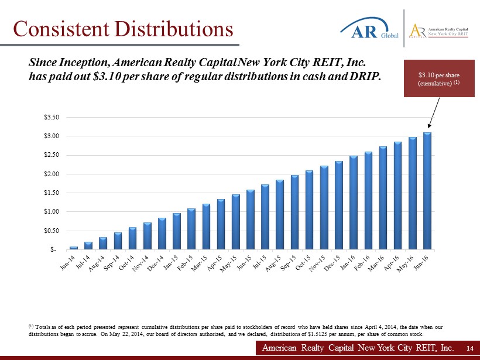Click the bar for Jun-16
(427, 191)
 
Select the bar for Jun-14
(74, 248)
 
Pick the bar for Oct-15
(309, 210)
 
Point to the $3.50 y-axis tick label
(51, 118)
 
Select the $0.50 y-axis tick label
(51, 231)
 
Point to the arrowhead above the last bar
(430, 125)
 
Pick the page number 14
(469, 348)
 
